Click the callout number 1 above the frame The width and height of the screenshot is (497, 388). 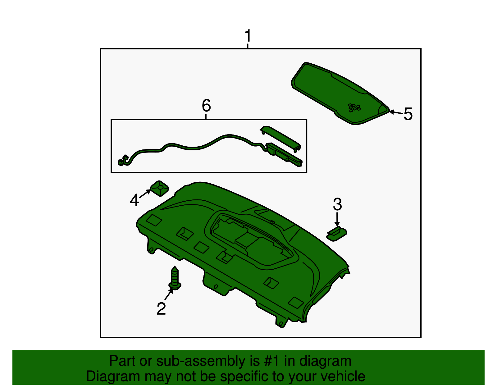pyautogui.click(x=248, y=36)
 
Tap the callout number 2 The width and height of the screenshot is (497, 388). pyautogui.click(x=161, y=308)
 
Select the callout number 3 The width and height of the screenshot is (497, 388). pyautogui.click(x=337, y=204)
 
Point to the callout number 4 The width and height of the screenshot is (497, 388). pyautogui.click(x=134, y=200)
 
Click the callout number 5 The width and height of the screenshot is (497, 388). pyautogui.click(x=408, y=114)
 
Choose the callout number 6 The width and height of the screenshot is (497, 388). pyautogui.click(x=206, y=106)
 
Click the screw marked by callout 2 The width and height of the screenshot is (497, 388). pyautogui.click(x=175, y=278)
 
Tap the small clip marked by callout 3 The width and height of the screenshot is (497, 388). pyautogui.click(x=336, y=233)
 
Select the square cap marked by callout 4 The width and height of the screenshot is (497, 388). pyautogui.click(x=159, y=188)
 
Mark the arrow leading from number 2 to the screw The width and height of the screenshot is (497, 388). pyautogui.click(x=169, y=294)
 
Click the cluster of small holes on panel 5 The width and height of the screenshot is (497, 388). pyautogui.click(x=354, y=107)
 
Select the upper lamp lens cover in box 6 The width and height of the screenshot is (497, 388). pyautogui.click(x=280, y=138)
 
